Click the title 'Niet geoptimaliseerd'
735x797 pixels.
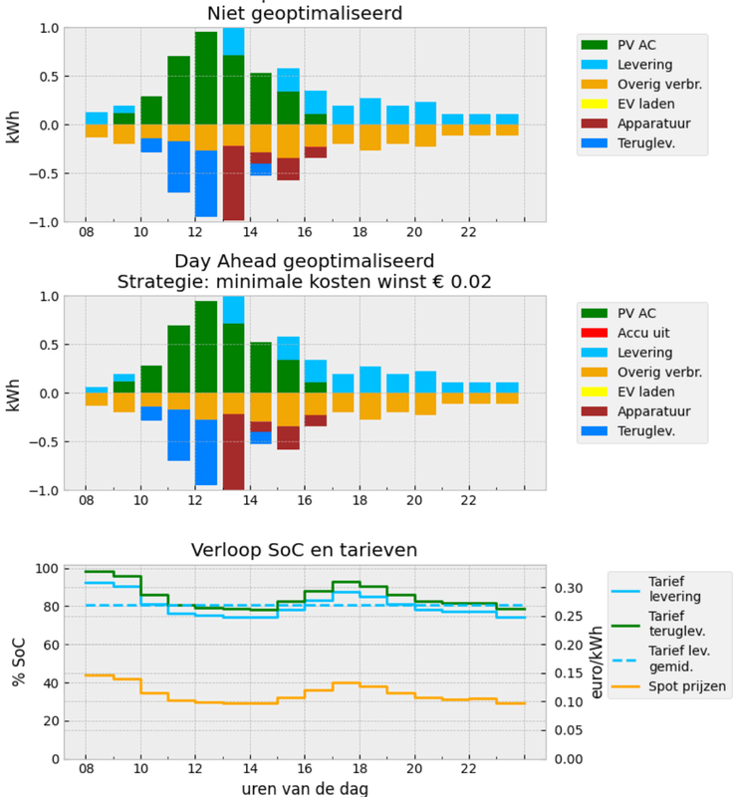(x=305, y=14)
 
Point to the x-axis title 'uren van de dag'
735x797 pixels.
(x=305, y=787)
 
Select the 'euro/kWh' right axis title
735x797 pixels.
(x=594, y=663)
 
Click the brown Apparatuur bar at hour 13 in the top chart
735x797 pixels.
(x=233, y=183)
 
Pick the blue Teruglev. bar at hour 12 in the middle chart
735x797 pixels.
(x=206, y=451)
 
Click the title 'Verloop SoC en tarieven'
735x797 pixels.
(x=305, y=549)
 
